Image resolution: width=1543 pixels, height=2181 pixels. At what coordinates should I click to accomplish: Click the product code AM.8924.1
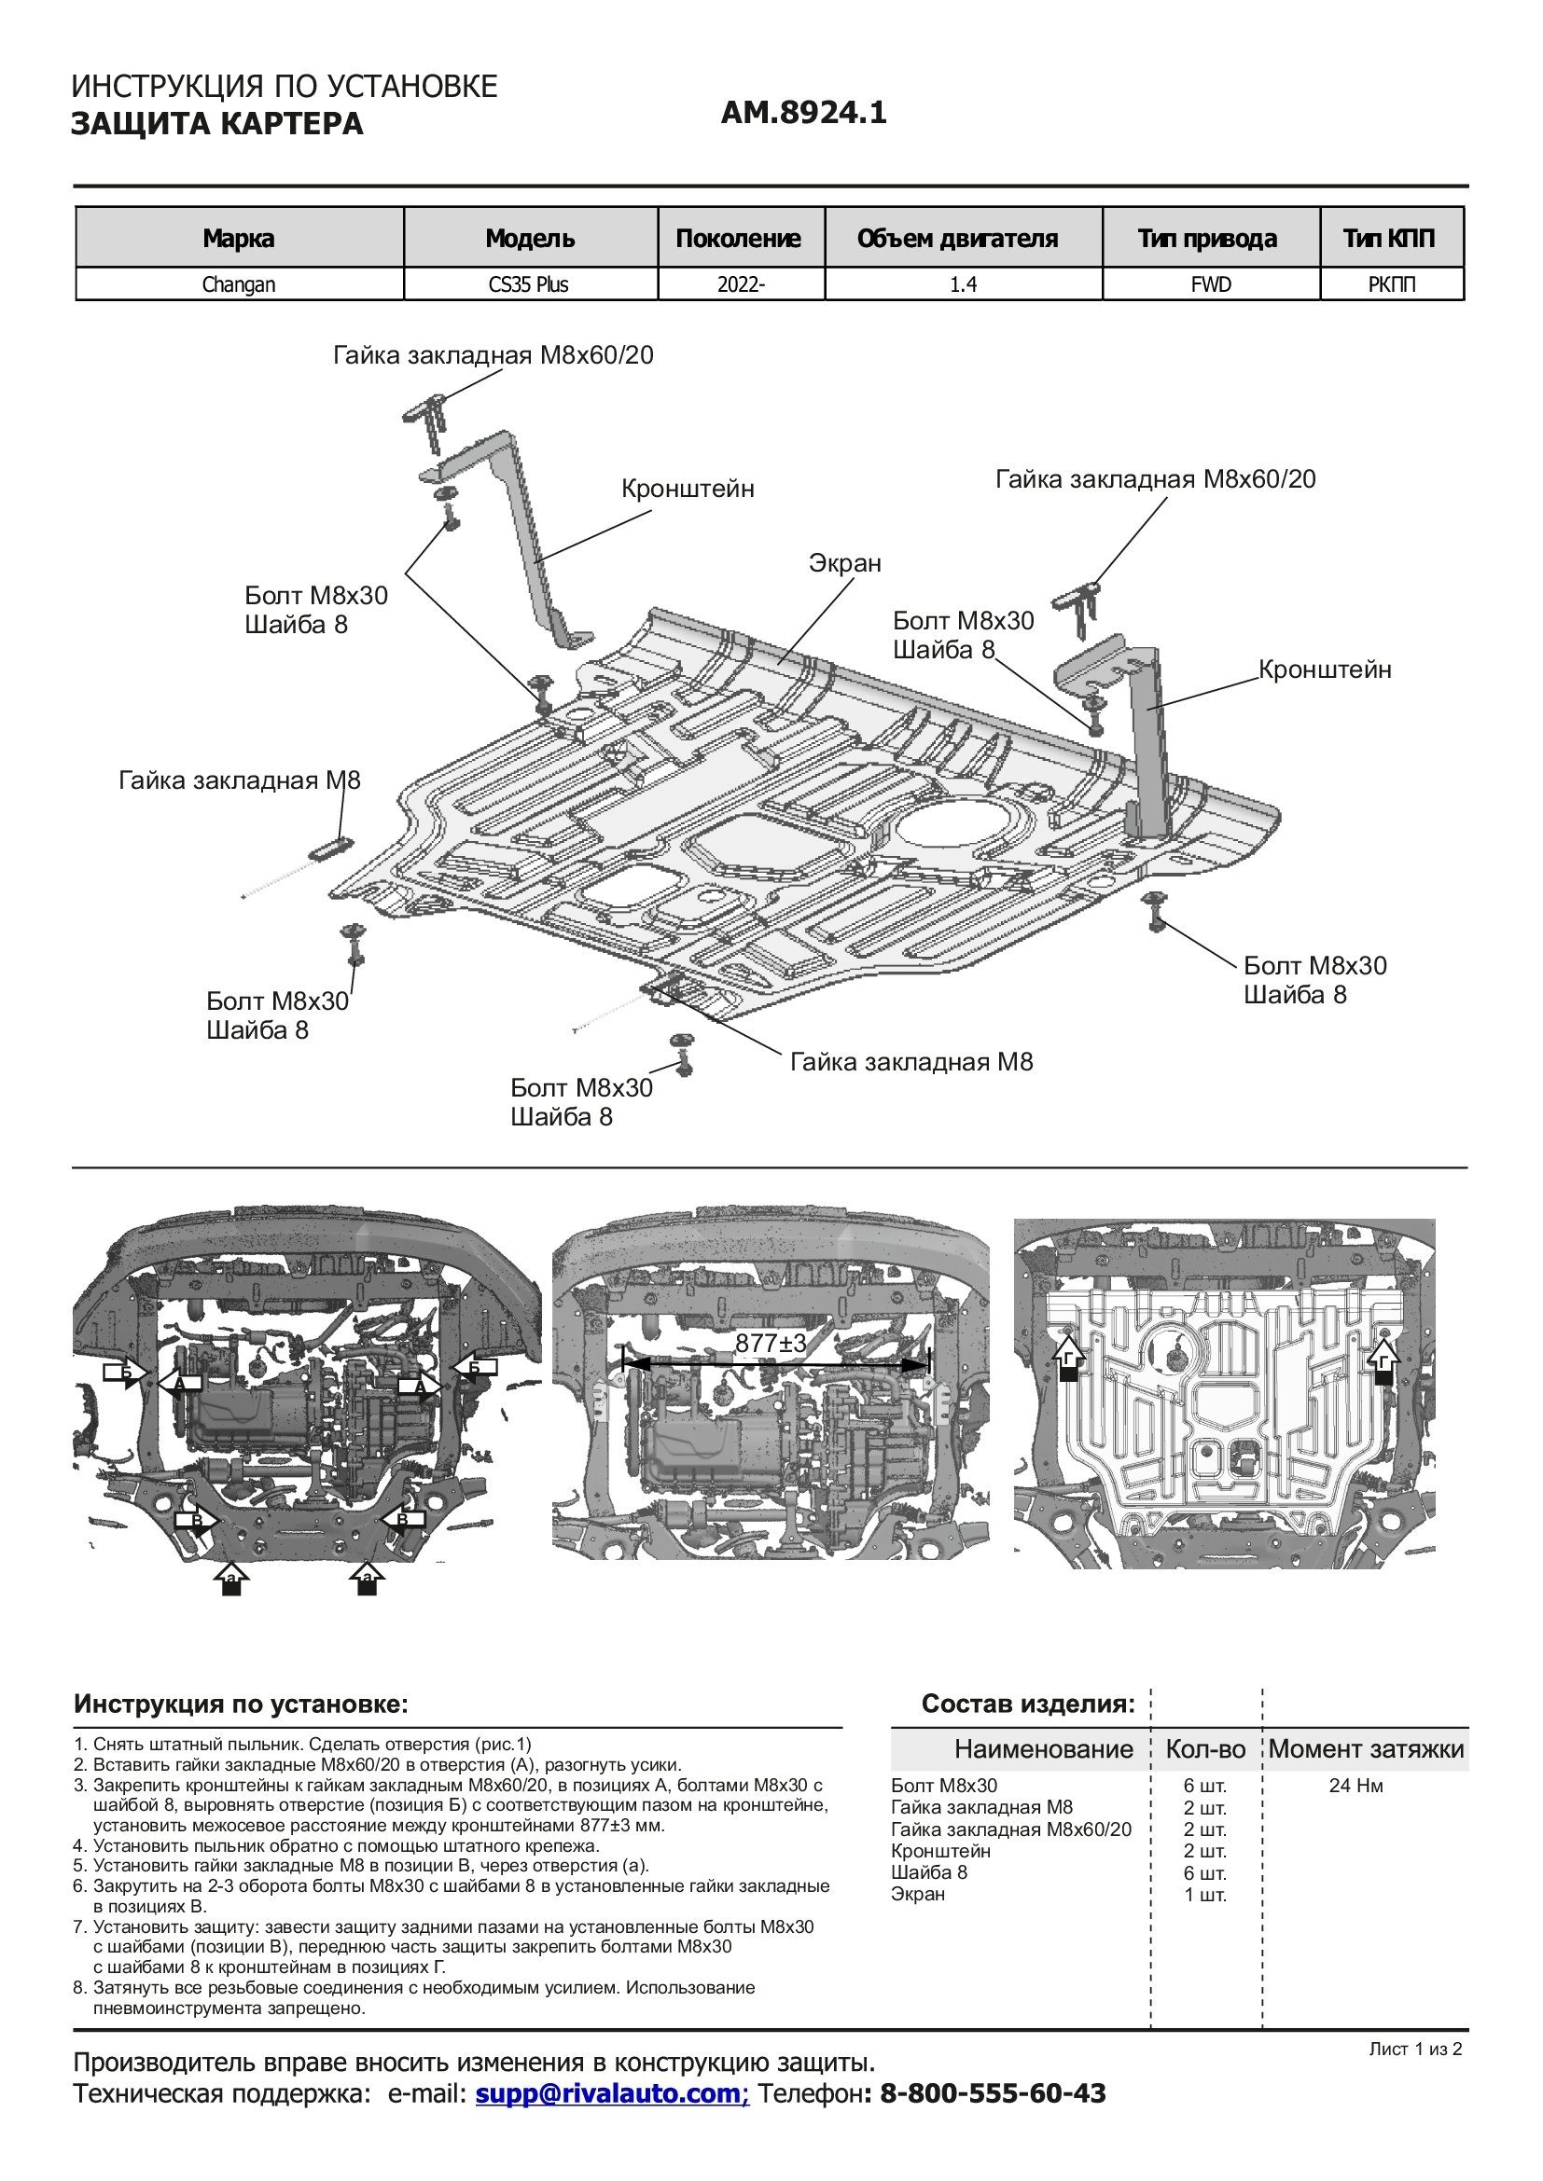point(804,113)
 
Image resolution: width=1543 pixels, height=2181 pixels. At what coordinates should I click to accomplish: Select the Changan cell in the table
point(239,284)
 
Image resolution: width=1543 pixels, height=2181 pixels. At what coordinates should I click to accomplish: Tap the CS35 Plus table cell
point(529,284)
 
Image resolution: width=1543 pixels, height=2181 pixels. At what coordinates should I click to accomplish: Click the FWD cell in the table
point(1211,284)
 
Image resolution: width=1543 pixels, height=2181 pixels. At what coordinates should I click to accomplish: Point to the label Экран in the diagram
point(844,563)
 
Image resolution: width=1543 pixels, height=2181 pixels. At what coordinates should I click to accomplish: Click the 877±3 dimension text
point(771,1342)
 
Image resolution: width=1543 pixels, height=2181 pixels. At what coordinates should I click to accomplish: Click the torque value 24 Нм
point(1355,1786)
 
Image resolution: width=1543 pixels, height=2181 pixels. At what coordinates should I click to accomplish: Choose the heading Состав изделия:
point(1028,1705)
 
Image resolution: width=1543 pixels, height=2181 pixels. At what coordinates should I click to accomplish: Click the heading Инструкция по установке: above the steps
point(241,1705)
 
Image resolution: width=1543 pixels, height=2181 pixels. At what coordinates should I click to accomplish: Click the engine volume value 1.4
point(964,284)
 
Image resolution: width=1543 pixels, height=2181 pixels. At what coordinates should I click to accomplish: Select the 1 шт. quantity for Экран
point(1204,1895)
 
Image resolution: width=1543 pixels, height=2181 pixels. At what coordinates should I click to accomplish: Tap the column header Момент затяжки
point(1366,1748)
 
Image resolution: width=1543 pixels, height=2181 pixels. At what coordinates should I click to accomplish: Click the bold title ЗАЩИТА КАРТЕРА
point(216,124)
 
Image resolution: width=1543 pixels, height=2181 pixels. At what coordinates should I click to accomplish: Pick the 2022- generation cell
point(741,284)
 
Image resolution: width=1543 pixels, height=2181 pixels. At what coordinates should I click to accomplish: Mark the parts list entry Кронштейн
point(940,1852)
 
